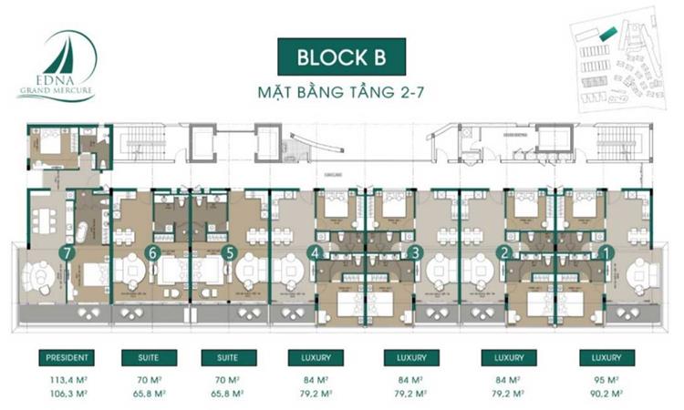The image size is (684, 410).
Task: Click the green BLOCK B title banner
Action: pyautogui.click(x=341, y=56)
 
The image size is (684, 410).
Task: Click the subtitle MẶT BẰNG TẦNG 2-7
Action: pyautogui.click(x=341, y=93)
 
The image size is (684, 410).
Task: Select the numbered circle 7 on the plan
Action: pyautogui.click(x=65, y=253)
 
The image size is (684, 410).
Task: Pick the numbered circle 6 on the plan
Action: pyautogui.click(x=153, y=253)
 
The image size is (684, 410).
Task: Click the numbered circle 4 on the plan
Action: pyautogui.click(x=315, y=253)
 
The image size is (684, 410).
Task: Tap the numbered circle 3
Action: pyautogui.click(x=415, y=252)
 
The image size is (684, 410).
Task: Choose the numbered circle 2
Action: pyautogui.click(x=503, y=252)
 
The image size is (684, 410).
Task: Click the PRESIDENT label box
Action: pyautogui.click(x=65, y=358)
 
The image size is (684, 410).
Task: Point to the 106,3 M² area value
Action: pyautogui.click(x=65, y=393)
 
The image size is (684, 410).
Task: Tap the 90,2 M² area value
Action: pyautogui.click(x=603, y=393)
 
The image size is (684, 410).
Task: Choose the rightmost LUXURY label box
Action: pyautogui.click(x=603, y=358)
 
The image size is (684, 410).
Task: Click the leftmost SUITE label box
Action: pyautogui.click(x=150, y=358)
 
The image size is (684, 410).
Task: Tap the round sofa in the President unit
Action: pyautogui.click(x=42, y=277)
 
